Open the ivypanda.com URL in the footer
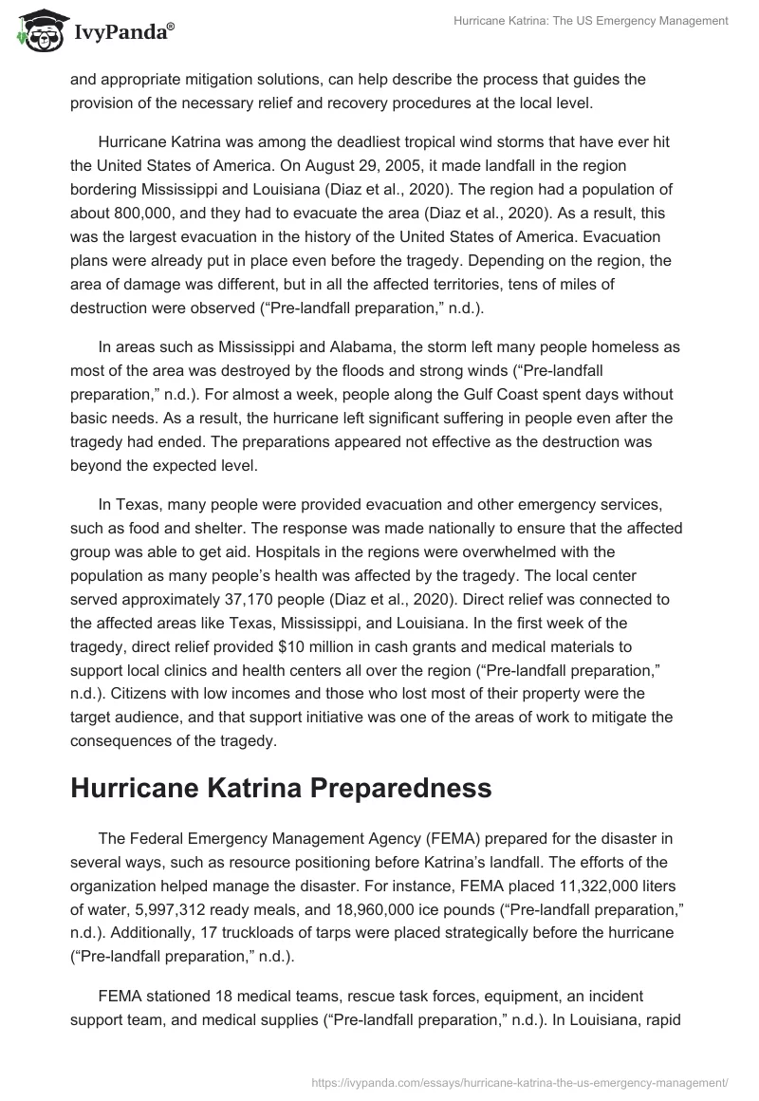[520, 1081]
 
